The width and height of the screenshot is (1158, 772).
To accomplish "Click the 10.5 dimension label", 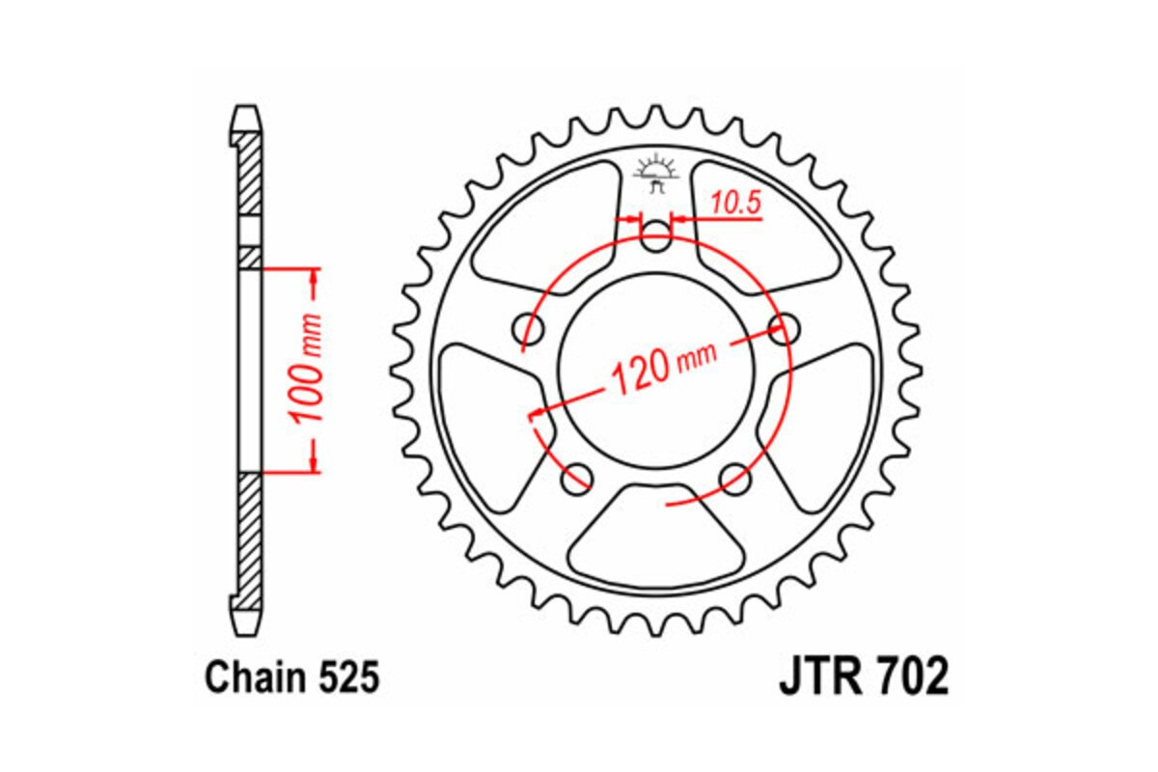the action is pos(736,203).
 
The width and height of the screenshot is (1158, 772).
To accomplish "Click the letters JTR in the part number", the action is pos(818,677).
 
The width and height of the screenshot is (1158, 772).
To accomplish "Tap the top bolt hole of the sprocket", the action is pos(656,237).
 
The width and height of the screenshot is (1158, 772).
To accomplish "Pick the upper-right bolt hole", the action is pos(783,328).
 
